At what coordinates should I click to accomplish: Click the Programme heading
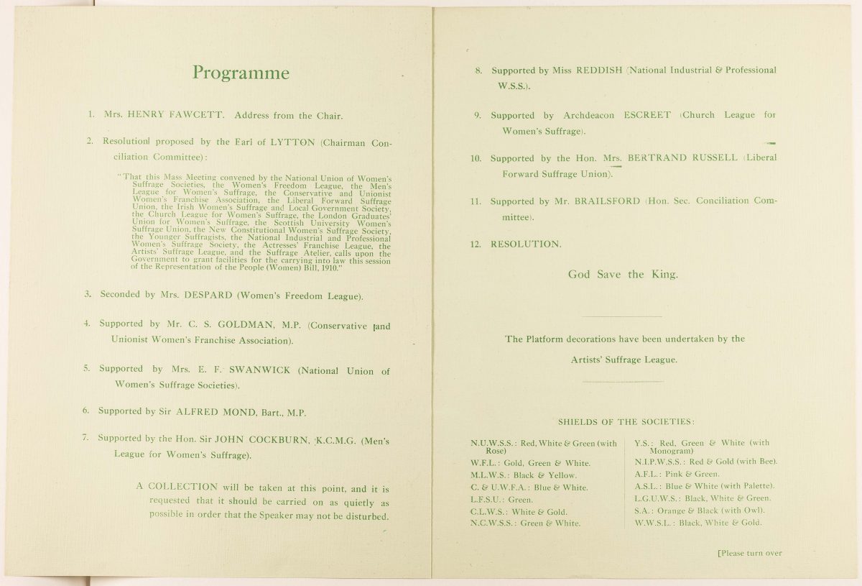(241, 73)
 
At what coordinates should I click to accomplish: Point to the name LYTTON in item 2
(292, 142)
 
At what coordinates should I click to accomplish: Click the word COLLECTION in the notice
(182, 487)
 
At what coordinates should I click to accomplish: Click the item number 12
(475, 244)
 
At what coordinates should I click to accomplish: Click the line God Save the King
(622, 275)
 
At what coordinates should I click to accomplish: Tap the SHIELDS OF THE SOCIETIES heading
(626, 421)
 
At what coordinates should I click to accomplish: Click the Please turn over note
(749, 553)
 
